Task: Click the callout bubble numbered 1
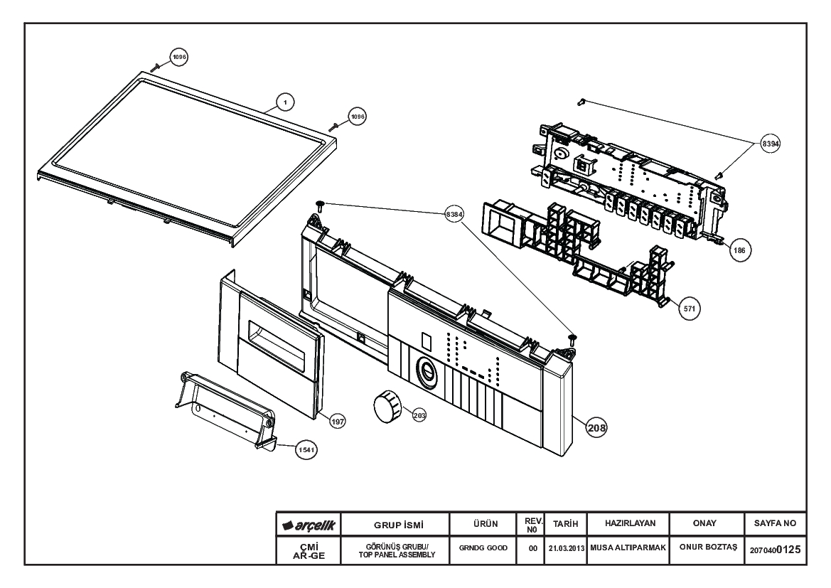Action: (x=285, y=102)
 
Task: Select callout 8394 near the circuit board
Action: (x=770, y=143)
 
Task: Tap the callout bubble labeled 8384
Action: (x=454, y=214)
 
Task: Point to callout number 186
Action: (x=739, y=250)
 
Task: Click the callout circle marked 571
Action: (x=690, y=309)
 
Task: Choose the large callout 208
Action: (x=596, y=427)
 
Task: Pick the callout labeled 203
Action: (x=419, y=416)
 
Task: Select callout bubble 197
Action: (x=338, y=422)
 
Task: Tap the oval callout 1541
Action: (x=306, y=450)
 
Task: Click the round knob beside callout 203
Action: (x=388, y=405)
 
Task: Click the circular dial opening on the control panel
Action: (x=427, y=372)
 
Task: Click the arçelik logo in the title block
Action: (x=309, y=525)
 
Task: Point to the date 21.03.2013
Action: (x=566, y=548)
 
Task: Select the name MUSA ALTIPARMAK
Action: (x=628, y=547)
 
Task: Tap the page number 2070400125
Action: (x=775, y=550)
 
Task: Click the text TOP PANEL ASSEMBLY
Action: (x=397, y=555)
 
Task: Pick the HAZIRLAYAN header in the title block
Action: (x=630, y=523)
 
